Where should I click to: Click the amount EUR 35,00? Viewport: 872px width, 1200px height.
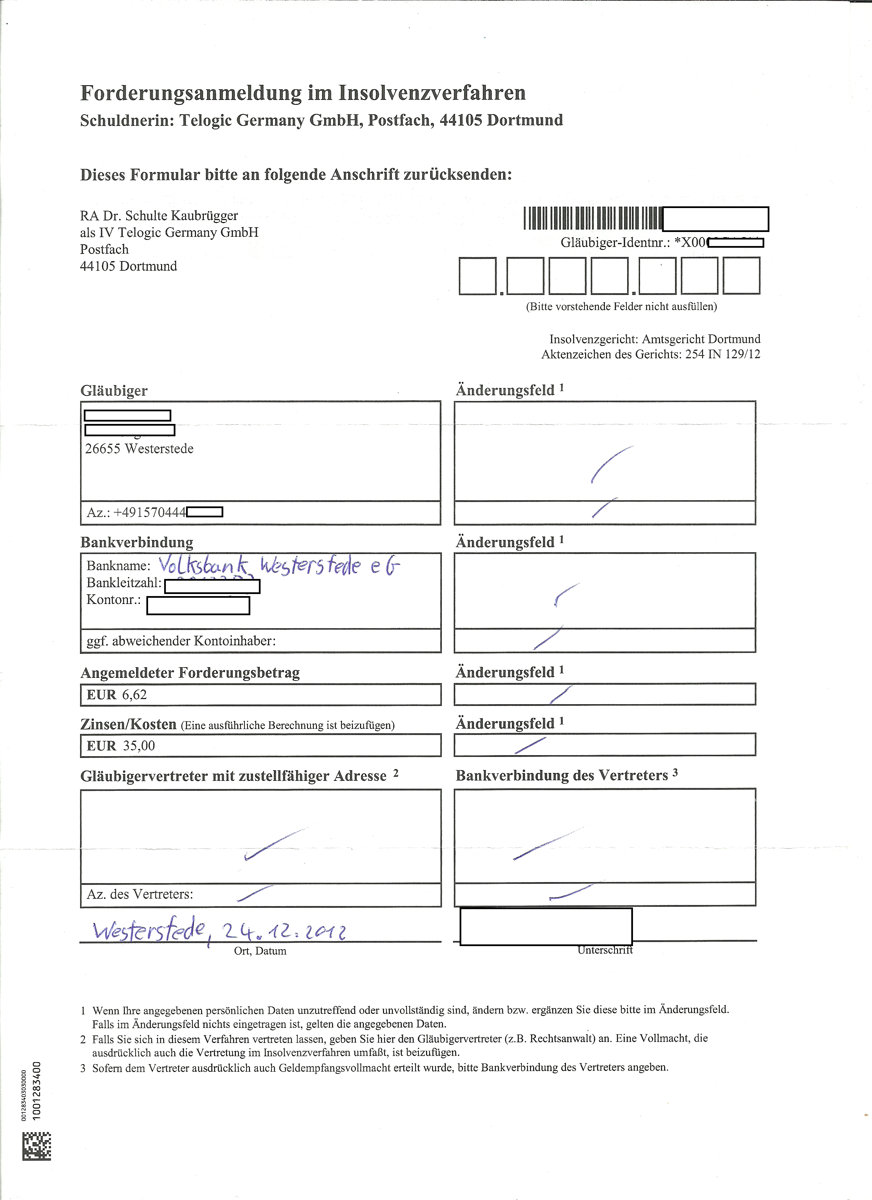pos(121,746)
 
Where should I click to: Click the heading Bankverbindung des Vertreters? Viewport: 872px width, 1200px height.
pos(561,776)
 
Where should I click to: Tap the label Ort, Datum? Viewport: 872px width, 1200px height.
pos(260,951)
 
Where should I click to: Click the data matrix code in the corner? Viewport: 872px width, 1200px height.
pos(37,1146)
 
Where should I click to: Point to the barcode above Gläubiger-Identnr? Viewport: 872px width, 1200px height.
pos(592,218)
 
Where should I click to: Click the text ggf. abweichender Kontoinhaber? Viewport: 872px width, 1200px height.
pos(181,641)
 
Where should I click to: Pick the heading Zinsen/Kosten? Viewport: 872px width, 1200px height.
pos(129,724)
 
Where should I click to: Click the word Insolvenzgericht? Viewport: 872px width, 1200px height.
pos(593,339)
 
